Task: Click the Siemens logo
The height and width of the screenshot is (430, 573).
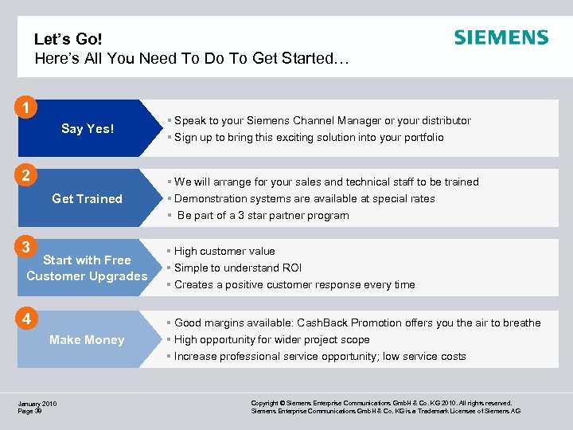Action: pyautogui.click(x=501, y=37)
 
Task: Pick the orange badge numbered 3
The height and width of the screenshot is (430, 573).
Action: pyautogui.click(x=28, y=246)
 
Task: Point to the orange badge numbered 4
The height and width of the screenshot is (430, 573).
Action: pyautogui.click(x=28, y=319)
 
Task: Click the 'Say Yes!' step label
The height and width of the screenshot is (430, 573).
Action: pyautogui.click(x=88, y=129)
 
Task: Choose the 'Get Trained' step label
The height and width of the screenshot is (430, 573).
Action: pyautogui.click(x=87, y=199)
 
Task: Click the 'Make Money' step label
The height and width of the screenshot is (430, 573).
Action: pyautogui.click(x=87, y=340)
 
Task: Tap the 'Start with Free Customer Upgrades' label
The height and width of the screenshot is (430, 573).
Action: pyautogui.click(x=87, y=268)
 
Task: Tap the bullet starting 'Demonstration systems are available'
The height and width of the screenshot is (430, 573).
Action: pyautogui.click(x=304, y=199)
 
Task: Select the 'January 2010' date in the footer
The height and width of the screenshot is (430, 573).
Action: pyautogui.click(x=37, y=405)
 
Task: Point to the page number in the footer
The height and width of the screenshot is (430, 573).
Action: pyautogui.click(x=30, y=412)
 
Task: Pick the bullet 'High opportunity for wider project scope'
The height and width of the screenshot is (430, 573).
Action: pyautogui.click(x=271, y=340)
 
